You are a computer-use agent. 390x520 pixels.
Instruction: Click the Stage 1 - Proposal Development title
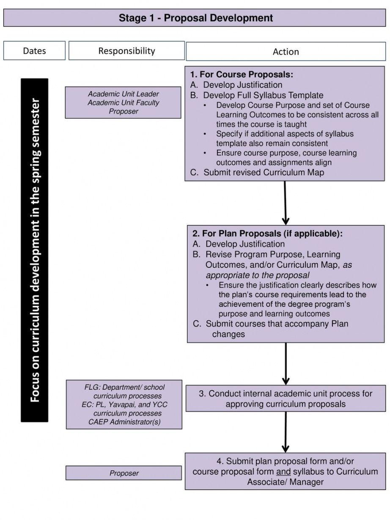(x=195, y=18)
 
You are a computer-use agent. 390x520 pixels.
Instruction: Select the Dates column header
(x=34, y=50)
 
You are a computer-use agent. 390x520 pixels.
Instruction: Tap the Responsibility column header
(x=126, y=50)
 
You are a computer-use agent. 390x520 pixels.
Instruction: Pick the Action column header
(x=286, y=52)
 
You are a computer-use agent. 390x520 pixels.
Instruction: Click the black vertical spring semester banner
(x=35, y=250)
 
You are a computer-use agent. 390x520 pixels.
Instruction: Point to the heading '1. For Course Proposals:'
(x=242, y=74)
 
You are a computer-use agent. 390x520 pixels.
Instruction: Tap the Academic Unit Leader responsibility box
(x=123, y=102)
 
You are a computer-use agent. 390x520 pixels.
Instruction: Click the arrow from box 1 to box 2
(x=285, y=203)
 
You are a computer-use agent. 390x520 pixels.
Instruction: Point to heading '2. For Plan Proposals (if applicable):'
(x=268, y=234)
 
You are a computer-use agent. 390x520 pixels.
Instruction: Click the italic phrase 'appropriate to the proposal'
(x=258, y=275)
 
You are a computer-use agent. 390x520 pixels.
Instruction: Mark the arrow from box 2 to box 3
(x=286, y=363)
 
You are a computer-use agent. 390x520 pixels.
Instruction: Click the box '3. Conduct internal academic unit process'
(x=286, y=399)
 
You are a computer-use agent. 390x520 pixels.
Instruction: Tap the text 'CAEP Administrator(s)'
(x=124, y=422)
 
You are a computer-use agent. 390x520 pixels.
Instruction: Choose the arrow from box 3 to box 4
(x=286, y=432)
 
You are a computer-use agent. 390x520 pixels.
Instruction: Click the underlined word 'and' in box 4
(x=283, y=472)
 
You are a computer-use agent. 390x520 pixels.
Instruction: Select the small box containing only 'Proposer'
(x=124, y=473)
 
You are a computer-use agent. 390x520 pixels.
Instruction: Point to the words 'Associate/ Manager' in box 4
(x=286, y=482)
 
